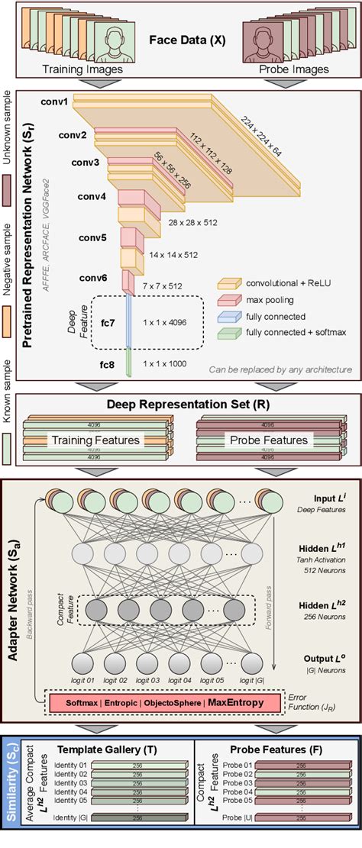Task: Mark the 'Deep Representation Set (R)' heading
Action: [x=181, y=404]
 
